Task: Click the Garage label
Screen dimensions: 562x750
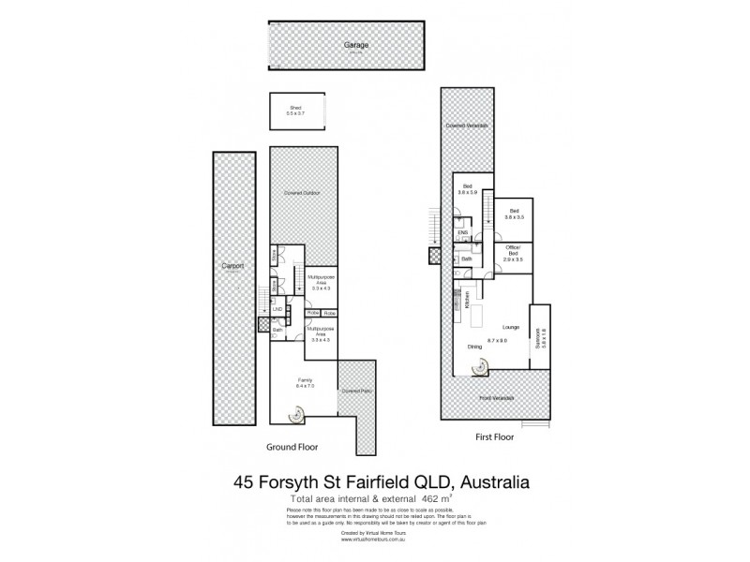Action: tap(353, 44)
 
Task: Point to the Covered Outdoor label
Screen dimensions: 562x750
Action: tap(303, 193)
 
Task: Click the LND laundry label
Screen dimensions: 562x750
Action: tap(277, 309)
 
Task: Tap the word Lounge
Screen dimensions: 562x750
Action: tap(510, 327)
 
